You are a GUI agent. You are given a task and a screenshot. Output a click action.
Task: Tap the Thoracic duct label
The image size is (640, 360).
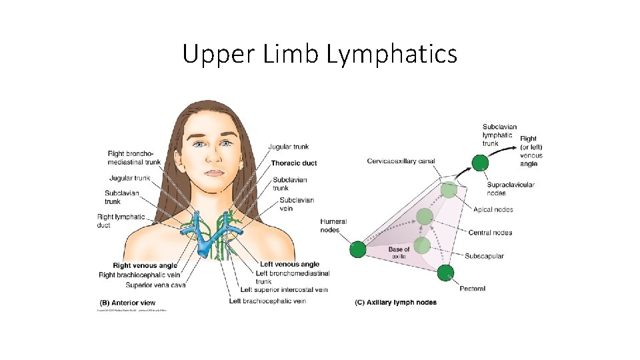[294, 163]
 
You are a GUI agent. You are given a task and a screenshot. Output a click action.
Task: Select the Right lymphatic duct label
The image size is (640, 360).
[121, 221]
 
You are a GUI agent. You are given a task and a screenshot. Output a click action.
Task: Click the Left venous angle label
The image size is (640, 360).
[290, 265]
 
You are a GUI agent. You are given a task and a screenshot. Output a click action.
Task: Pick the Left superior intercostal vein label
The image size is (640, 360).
[285, 290]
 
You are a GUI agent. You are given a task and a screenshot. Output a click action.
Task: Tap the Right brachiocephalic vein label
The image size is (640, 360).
[139, 275]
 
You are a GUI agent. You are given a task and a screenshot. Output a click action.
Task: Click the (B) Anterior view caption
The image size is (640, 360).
[127, 303]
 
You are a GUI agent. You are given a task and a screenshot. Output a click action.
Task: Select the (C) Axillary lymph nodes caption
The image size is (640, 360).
[395, 303]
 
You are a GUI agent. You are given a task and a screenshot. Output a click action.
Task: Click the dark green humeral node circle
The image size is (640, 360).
[357, 249]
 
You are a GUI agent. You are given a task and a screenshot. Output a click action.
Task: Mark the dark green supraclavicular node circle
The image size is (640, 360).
[479, 163]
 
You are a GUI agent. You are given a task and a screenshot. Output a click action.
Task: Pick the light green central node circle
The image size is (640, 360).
[425, 217]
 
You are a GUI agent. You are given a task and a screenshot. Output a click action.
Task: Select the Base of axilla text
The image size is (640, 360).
[399, 253]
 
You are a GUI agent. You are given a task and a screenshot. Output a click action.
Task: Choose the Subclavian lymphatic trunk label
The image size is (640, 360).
[499, 135]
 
